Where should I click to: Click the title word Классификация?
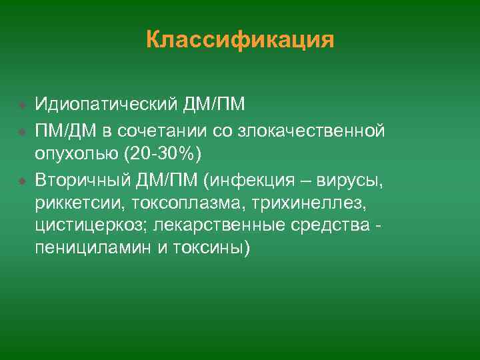(240, 40)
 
